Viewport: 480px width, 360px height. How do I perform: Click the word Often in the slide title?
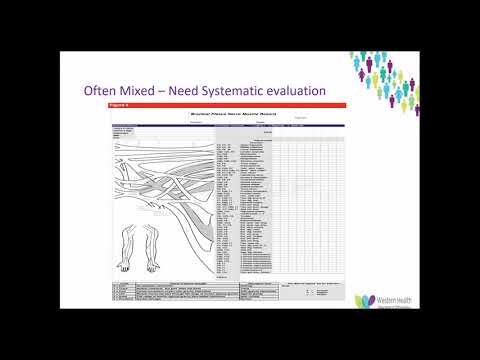coord(101,92)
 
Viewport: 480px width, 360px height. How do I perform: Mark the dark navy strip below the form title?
coord(225,126)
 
